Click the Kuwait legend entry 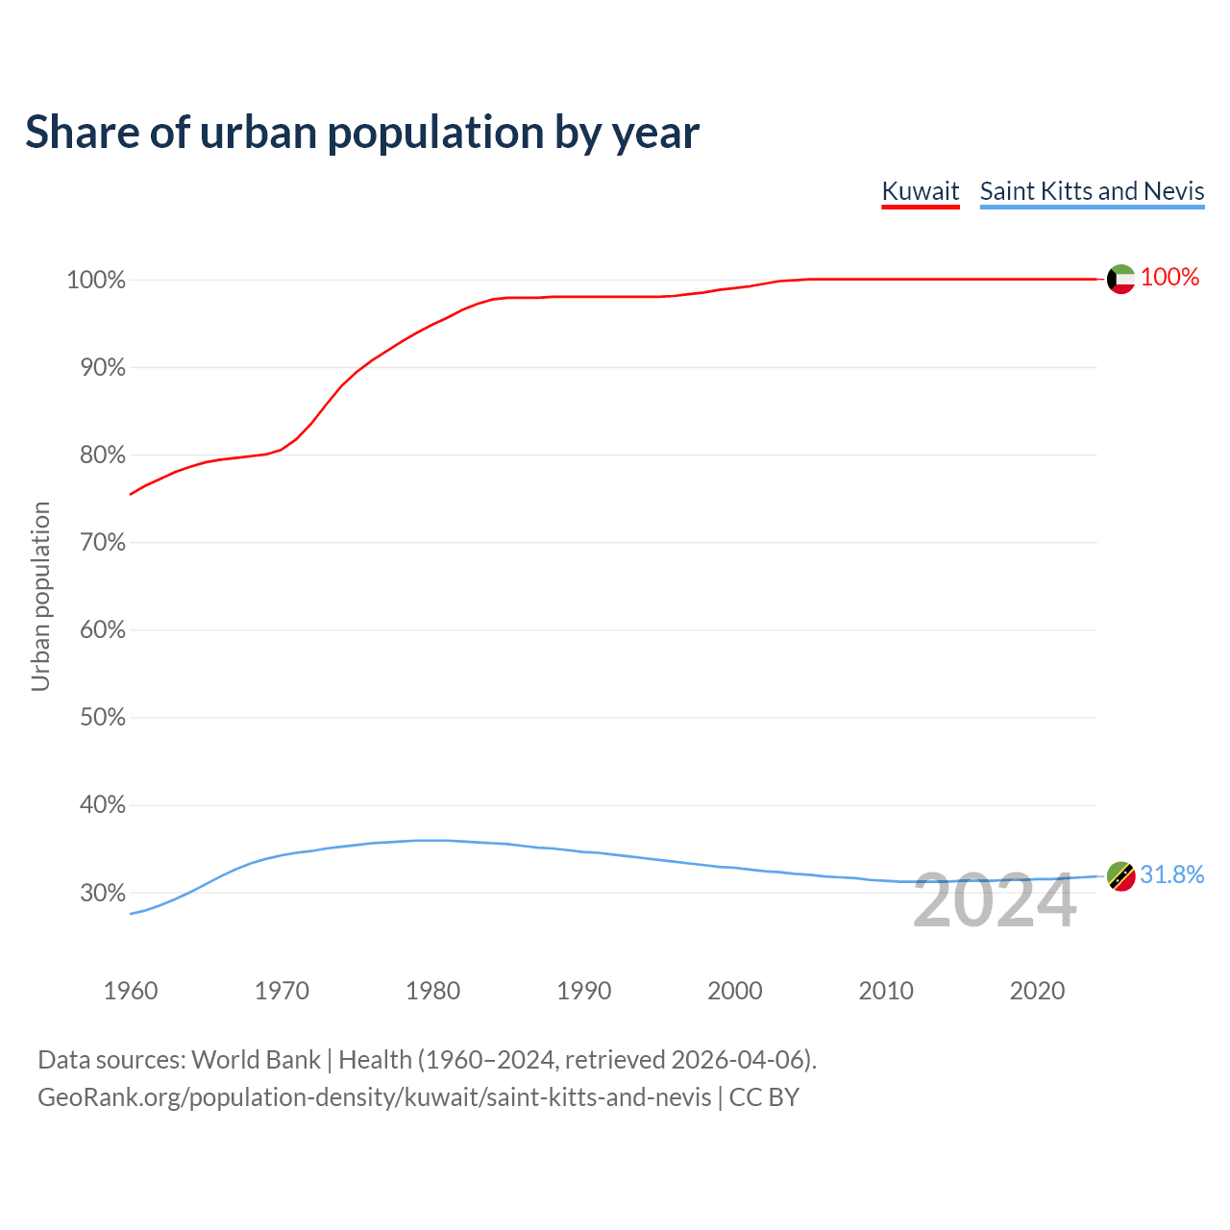pyautogui.click(x=921, y=191)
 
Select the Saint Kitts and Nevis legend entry pyautogui.click(x=1092, y=191)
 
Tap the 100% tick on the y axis pyautogui.click(x=96, y=281)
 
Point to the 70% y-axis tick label pyautogui.click(x=102, y=543)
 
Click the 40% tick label pyautogui.click(x=102, y=805)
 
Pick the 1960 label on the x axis pyautogui.click(x=131, y=991)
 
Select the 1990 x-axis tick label pyautogui.click(x=583, y=991)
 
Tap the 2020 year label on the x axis pyautogui.click(x=1037, y=991)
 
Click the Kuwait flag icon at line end pyautogui.click(x=1120, y=279)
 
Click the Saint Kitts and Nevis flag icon pyautogui.click(x=1120, y=875)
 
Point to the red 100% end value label pyautogui.click(x=1169, y=278)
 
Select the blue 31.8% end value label pyautogui.click(x=1171, y=874)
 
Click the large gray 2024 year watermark pyautogui.click(x=995, y=901)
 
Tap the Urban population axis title pyautogui.click(x=40, y=596)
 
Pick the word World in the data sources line pyautogui.click(x=226, y=1060)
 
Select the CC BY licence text pyautogui.click(x=764, y=1097)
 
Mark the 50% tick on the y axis pyautogui.click(x=102, y=718)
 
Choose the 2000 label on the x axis pyautogui.click(x=734, y=991)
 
